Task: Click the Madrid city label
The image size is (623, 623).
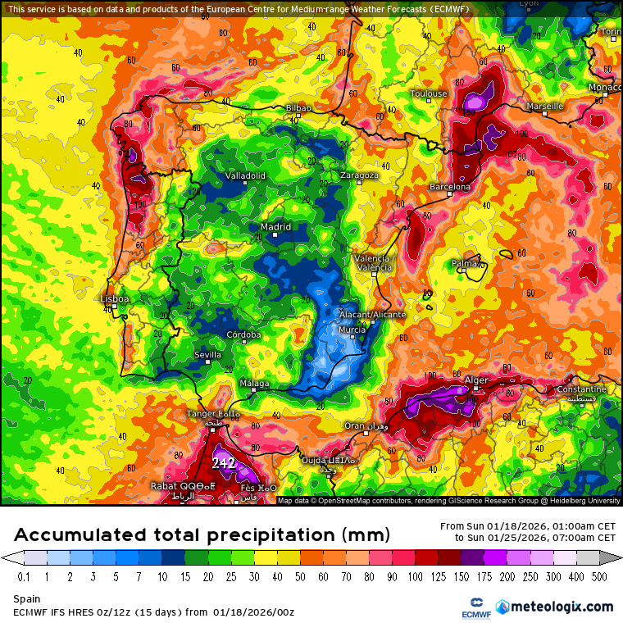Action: click(x=275, y=227)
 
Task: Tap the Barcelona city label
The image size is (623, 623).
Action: click(x=450, y=187)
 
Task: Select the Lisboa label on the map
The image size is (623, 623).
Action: click(x=114, y=299)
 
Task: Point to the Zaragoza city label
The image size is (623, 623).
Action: click(x=359, y=175)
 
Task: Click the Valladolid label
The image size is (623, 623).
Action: click(x=245, y=175)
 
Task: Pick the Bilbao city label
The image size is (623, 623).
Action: click(x=299, y=108)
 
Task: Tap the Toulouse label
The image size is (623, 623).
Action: click(x=430, y=93)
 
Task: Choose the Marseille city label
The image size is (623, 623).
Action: click(x=545, y=107)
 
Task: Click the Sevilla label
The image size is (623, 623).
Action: click(x=207, y=354)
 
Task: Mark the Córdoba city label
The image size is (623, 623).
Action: click(x=244, y=334)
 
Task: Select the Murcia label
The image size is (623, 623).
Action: click(x=352, y=330)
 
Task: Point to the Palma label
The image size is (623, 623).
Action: click(x=465, y=263)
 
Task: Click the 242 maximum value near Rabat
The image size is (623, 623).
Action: click(x=224, y=463)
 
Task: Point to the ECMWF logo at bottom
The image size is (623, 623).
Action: click(x=475, y=607)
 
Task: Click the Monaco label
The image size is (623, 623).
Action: click(x=605, y=88)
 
